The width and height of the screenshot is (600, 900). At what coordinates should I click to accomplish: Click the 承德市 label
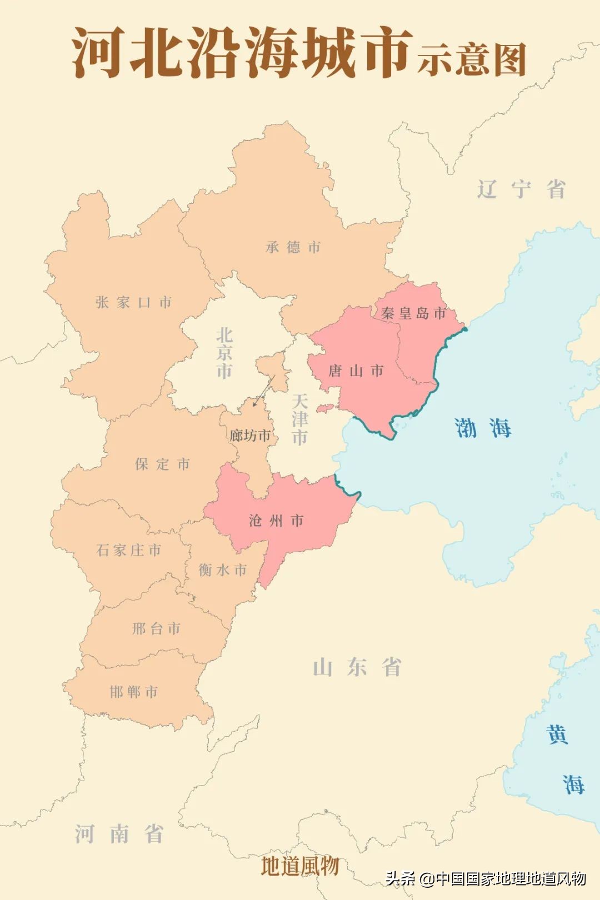293,247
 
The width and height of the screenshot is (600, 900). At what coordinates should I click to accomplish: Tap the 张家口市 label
133,302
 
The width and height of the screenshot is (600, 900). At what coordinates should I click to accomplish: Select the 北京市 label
224,353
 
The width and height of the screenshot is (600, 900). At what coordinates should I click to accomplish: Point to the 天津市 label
299,419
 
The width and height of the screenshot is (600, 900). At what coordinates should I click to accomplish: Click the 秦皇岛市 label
414,313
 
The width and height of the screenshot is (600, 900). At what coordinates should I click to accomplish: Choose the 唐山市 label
356,371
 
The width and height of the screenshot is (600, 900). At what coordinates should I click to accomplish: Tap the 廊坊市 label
250,436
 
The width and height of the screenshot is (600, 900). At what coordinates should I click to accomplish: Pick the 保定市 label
162,464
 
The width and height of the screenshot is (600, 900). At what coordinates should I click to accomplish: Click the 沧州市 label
276,521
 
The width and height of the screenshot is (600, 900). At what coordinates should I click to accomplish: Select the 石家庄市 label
129,550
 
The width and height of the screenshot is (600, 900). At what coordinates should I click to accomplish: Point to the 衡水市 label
223,570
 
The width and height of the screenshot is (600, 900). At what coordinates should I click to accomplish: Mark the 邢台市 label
156,628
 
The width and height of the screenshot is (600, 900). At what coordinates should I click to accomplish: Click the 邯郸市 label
134,692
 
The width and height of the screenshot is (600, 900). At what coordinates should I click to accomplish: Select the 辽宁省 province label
521,189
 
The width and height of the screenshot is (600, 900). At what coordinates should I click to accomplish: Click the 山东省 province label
357,667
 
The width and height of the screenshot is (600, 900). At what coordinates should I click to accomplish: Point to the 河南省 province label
119,834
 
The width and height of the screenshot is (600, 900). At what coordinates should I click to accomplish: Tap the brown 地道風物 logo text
300,866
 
